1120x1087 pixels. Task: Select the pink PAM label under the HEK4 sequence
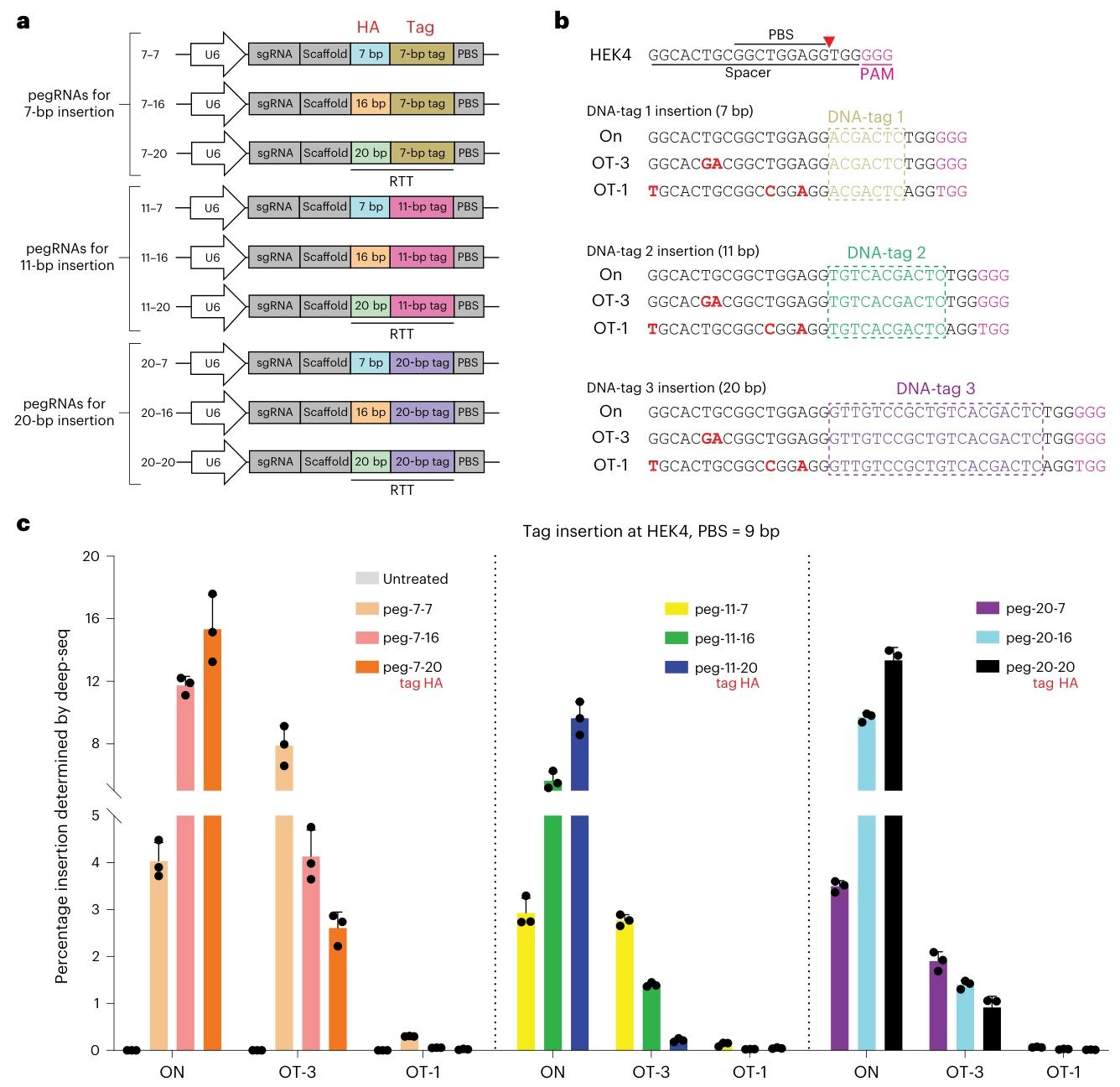(877, 74)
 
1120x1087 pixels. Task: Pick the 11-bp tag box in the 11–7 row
(422, 206)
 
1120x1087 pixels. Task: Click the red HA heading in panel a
(368, 27)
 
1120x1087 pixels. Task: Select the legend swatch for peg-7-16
(367, 637)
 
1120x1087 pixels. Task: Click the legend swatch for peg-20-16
(988, 637)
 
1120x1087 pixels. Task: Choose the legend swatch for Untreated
(367, 579)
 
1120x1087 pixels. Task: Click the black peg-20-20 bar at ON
(894, 923)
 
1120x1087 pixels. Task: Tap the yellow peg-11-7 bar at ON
(526, 981)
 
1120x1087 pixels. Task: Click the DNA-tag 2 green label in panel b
(886, 252)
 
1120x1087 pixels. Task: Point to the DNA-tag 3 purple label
(936, 388)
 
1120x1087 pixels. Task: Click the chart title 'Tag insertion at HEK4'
(651, 531)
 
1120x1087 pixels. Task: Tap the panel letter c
(23, 524)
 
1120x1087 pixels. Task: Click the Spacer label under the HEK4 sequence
(747, 73)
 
